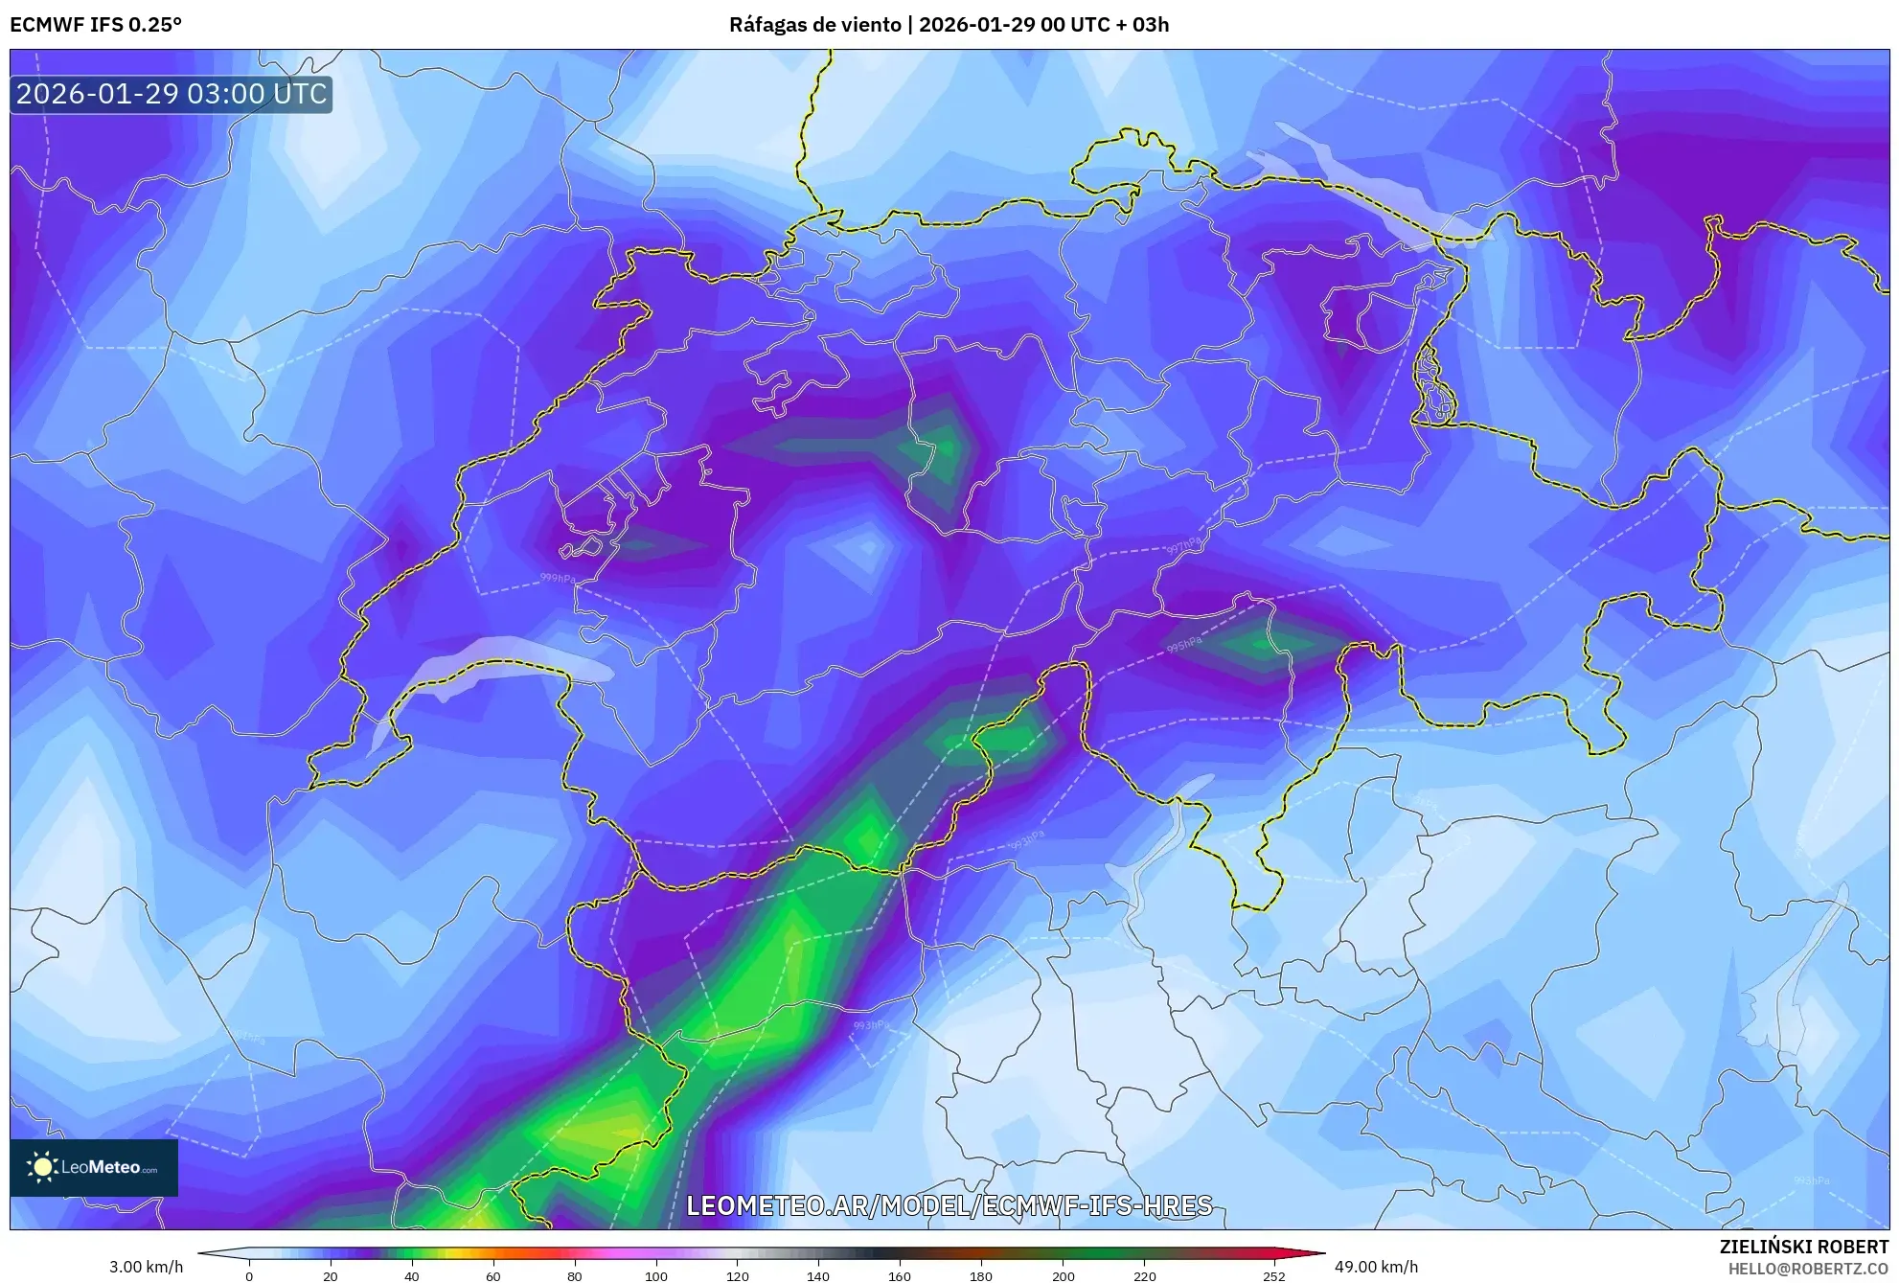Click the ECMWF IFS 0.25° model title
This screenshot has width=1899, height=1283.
click(96, 24)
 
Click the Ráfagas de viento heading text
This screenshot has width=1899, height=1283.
click(815, 24)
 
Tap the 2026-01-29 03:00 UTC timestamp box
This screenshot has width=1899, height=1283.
click(172, 94)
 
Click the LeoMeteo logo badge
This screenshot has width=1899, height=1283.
click(94, 1167)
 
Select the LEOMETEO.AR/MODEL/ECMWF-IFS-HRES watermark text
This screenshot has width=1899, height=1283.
click(949, 1205)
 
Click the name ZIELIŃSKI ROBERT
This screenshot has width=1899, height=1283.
click(1803, 1247)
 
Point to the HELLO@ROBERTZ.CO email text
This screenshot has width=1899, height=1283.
click(1807, 1269)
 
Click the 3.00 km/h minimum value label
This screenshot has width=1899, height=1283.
click(146, 1267)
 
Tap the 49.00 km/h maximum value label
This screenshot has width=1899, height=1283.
click(1376, 1267)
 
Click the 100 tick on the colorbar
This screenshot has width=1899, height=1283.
click(655, 1275)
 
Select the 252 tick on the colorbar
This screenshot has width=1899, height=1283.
click(1272, 1275)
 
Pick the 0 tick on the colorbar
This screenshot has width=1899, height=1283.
click(249, 1275)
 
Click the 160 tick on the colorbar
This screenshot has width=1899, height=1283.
click(899, 1275)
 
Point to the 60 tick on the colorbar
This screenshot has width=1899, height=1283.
click(492, 1275)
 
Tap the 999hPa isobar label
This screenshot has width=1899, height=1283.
click(558, 579)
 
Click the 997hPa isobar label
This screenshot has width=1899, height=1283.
click(1182, 546)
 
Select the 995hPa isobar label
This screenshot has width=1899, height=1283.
click(1184, 644)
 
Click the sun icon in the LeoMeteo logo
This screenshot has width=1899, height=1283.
click(42, 1167)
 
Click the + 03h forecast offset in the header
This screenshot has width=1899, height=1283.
click(1143, 24)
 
